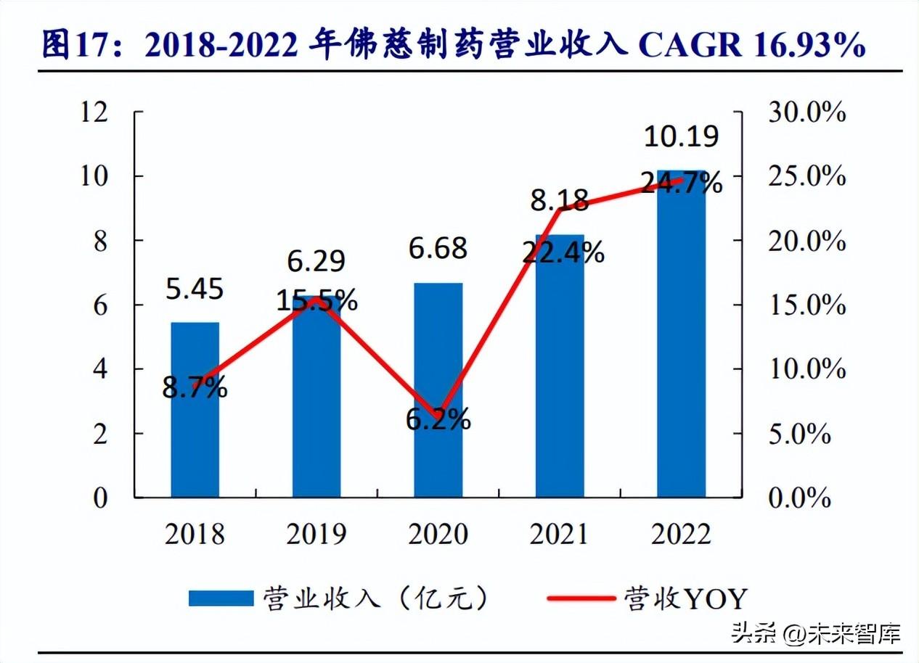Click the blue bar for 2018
[195, 435]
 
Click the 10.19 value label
[681, 136]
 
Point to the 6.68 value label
[438, 250]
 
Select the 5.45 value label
[195, 289]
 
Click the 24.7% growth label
[681, 182]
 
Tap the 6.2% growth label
[438, 419]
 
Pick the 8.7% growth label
[195, 388]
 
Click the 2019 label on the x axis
[316, 535]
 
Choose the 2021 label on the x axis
[559, 535]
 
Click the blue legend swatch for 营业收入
[221, 598]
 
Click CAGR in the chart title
[689, 46]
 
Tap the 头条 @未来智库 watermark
[815, 633]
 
